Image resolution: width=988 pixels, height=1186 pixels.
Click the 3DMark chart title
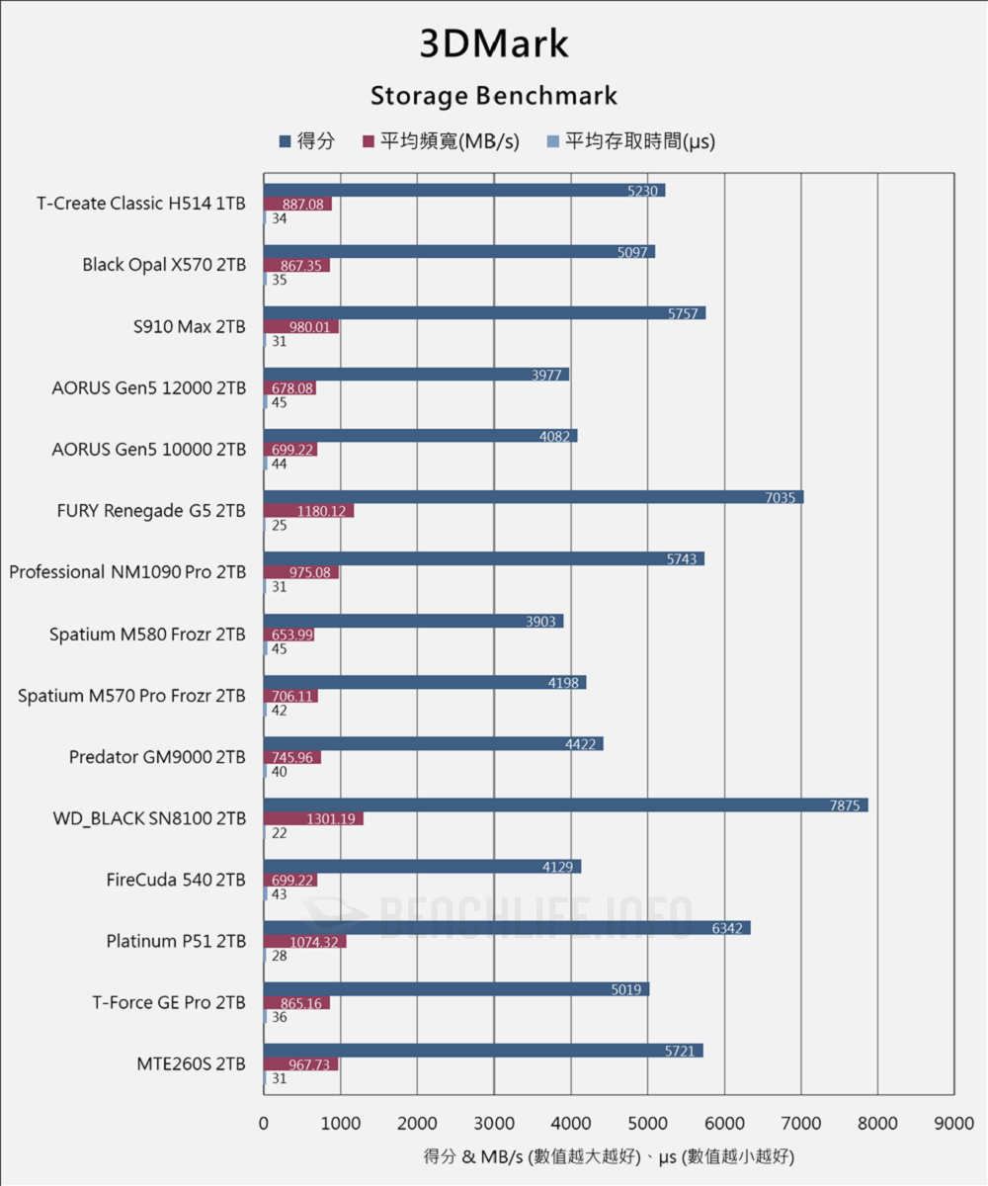494,44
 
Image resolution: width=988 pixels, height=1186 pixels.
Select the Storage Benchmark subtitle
494,96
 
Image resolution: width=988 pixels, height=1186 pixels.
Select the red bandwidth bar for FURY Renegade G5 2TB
308,511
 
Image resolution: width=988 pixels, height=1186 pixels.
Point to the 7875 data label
847,805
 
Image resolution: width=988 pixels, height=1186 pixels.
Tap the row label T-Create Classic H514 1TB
141,204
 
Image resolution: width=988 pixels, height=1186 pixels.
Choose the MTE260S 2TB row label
191,1063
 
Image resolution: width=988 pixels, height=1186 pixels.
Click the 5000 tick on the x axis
647,1124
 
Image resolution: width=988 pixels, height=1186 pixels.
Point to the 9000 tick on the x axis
954,1124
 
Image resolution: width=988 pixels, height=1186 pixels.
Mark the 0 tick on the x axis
263,1124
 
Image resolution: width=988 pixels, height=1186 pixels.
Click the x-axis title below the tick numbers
609,1155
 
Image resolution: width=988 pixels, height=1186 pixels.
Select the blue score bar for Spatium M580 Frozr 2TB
413,622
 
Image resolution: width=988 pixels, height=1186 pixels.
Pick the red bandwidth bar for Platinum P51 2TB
304,942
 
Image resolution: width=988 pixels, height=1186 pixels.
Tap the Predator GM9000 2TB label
157,757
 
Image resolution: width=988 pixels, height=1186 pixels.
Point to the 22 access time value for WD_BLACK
279,833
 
